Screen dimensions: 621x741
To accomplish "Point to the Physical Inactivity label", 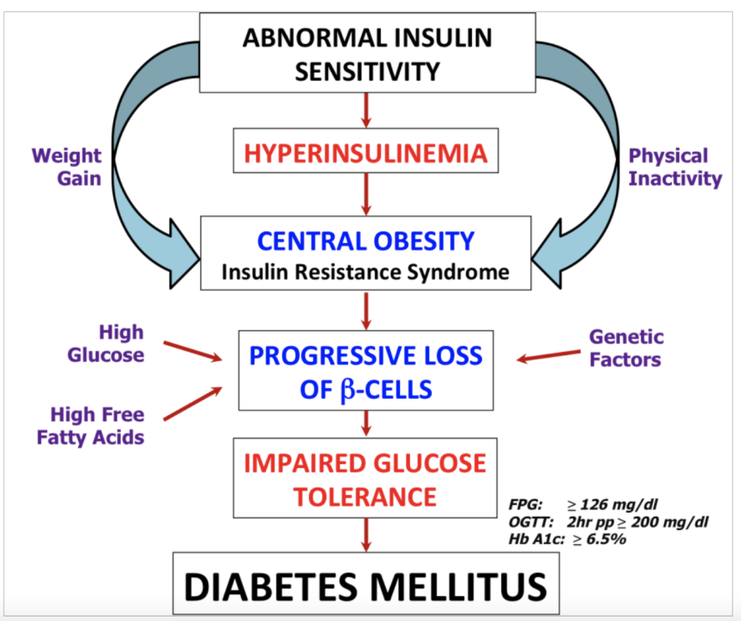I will [x=674, y=166].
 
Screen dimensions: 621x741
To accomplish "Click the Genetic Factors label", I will [x=626, y=347].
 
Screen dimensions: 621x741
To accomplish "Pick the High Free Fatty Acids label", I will [x=97, y=426].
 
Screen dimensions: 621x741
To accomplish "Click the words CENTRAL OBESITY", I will [x=366, y=240].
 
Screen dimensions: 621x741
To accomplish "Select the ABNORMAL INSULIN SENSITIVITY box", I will [x=366, y=55].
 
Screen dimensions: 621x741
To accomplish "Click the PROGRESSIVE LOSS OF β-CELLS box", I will [x=366, y=371].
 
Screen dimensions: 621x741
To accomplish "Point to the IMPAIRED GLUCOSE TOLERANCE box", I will [x=366, y=478].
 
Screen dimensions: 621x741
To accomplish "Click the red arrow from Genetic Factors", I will [x=547, y=355].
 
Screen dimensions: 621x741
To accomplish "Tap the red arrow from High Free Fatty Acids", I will [x=192, y=403].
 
